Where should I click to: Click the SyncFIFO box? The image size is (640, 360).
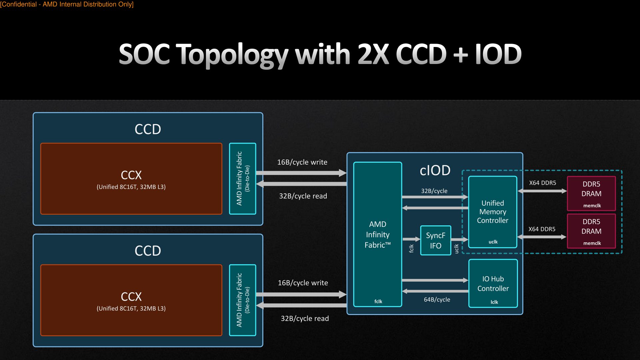[435, 240]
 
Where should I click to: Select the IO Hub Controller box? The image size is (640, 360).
[493, 283]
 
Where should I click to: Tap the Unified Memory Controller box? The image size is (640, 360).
[492, 212]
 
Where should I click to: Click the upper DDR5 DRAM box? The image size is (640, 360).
[591, 193]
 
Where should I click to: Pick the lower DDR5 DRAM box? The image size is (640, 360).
[591, 231]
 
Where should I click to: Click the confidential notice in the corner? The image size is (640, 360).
[67, 4]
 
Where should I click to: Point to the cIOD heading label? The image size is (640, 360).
[435, 170]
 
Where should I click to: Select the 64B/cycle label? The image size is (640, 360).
[437, 300]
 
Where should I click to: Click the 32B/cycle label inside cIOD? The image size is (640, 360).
[434, 191]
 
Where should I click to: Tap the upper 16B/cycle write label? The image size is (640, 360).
[302, 162]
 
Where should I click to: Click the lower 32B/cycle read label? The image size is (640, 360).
[304, 319]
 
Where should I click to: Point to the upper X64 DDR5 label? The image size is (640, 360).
[542, 183]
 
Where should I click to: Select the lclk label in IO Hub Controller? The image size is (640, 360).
[494, 302]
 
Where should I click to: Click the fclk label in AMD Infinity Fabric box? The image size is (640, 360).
[378, 301]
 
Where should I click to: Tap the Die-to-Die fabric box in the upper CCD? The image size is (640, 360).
[242, 178]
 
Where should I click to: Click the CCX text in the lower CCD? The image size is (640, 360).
[131, 297]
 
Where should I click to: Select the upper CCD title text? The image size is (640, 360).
[148, 129]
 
